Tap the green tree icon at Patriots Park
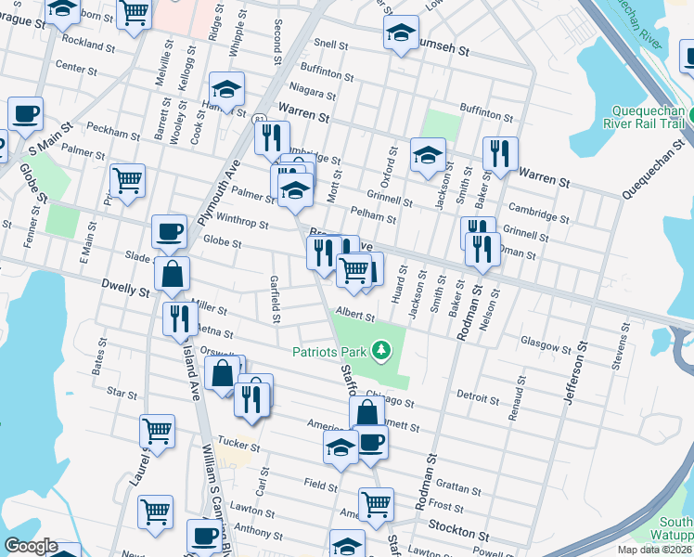point(379,350)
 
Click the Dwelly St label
point(126,291)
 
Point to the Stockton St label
point(458,536)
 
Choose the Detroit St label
point(479,396)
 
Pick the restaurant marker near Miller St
point(180,318)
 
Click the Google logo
point(31,546)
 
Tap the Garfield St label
point(276,299)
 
